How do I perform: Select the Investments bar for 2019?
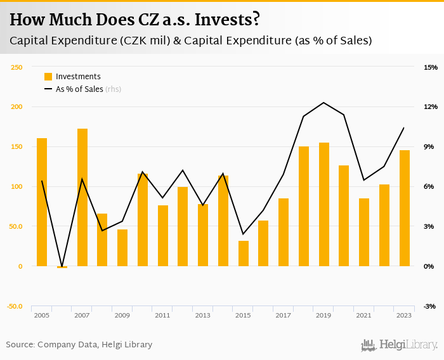324,204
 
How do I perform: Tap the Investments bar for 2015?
244,254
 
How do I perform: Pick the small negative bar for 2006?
62,267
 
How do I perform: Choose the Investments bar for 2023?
405,208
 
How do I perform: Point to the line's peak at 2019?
324,103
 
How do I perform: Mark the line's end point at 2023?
404,128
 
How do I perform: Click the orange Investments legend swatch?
48,77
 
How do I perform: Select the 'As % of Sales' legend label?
79,89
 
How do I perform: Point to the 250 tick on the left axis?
16,67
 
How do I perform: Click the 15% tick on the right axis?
431,67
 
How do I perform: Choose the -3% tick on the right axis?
429,306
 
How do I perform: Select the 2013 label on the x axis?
203,315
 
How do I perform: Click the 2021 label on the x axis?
364,315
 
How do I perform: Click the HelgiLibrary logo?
399,345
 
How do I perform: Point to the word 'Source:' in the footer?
20,345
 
